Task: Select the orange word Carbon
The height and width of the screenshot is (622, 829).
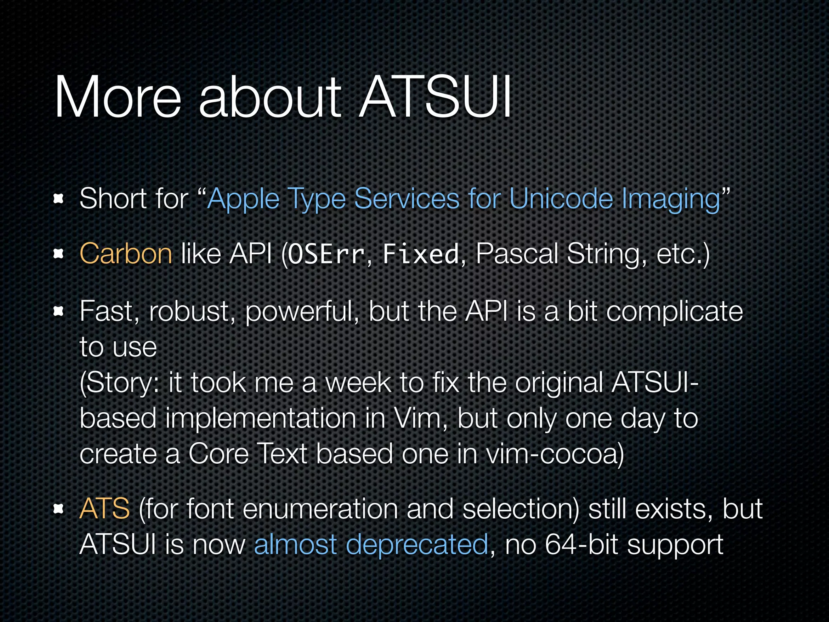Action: (126, 254)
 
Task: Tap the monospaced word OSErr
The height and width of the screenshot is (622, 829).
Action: (326, 254)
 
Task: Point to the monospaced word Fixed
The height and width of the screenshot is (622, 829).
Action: (421, 254)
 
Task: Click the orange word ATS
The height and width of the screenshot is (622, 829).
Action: (104, 509)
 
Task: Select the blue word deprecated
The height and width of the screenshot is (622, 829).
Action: (417, 545)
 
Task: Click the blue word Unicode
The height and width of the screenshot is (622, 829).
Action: (561, 199)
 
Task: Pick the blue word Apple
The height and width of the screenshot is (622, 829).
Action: (243, 200)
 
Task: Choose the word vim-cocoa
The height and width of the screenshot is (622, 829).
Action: (555, 454)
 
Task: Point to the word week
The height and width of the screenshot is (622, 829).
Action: (359, 383)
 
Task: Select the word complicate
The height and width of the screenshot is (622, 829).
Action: (674, 312)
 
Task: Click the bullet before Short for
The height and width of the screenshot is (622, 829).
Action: (59, 199)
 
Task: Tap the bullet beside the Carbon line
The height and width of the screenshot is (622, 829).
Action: (59, 254)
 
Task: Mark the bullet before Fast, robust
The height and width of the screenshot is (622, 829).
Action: (59, 311)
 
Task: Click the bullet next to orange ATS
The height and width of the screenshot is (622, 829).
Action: (59, 509)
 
